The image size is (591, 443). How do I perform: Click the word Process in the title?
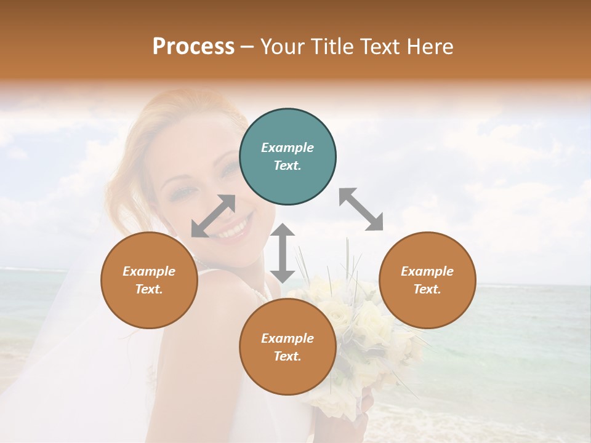coord(193,47)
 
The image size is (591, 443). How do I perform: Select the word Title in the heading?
coord(329,47)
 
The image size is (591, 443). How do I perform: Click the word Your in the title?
coord(281,47)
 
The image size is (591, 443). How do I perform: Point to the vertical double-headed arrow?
coord(283,253)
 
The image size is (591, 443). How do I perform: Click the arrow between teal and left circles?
coord(214,216)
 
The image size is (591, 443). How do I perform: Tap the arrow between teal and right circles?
coord(361,209)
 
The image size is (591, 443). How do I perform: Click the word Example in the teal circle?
coord(287,148)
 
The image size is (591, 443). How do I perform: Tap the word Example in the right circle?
coord(427,271)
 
